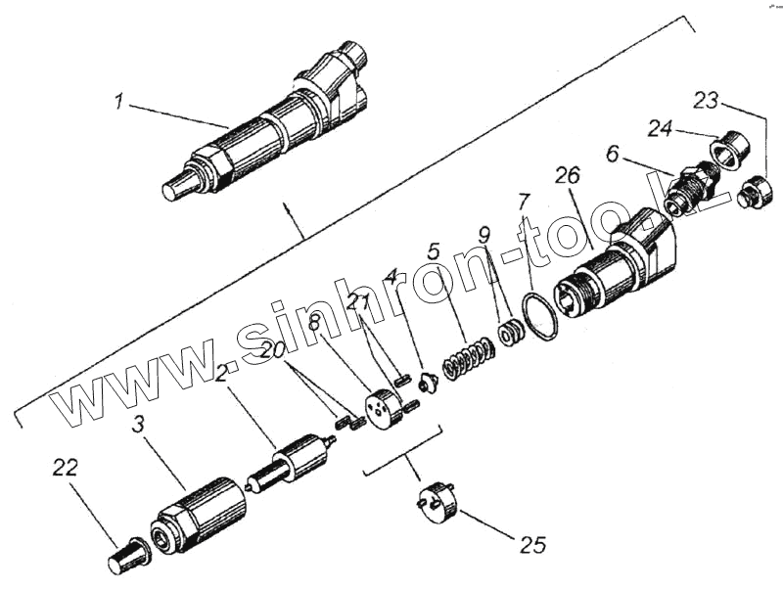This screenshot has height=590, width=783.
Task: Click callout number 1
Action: [x=119, y=101]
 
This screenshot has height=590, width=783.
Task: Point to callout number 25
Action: [x=532, y=543]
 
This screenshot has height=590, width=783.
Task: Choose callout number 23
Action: [x=707, y=100]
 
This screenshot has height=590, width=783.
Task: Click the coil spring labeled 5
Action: [x=467, y=358]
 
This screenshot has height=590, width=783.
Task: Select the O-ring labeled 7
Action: [x=538, y=316]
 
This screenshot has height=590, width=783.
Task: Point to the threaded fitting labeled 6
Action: [x=690, y=188]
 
